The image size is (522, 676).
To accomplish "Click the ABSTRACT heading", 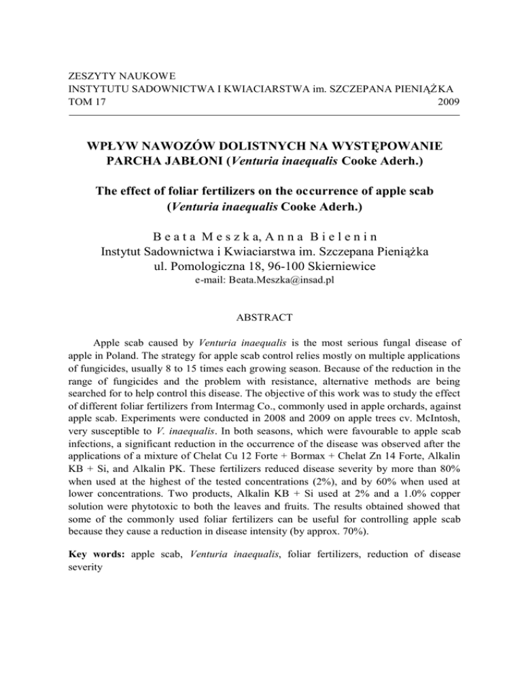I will (x=261, y=335).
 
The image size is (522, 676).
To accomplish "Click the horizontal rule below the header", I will (x=261, y=113).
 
